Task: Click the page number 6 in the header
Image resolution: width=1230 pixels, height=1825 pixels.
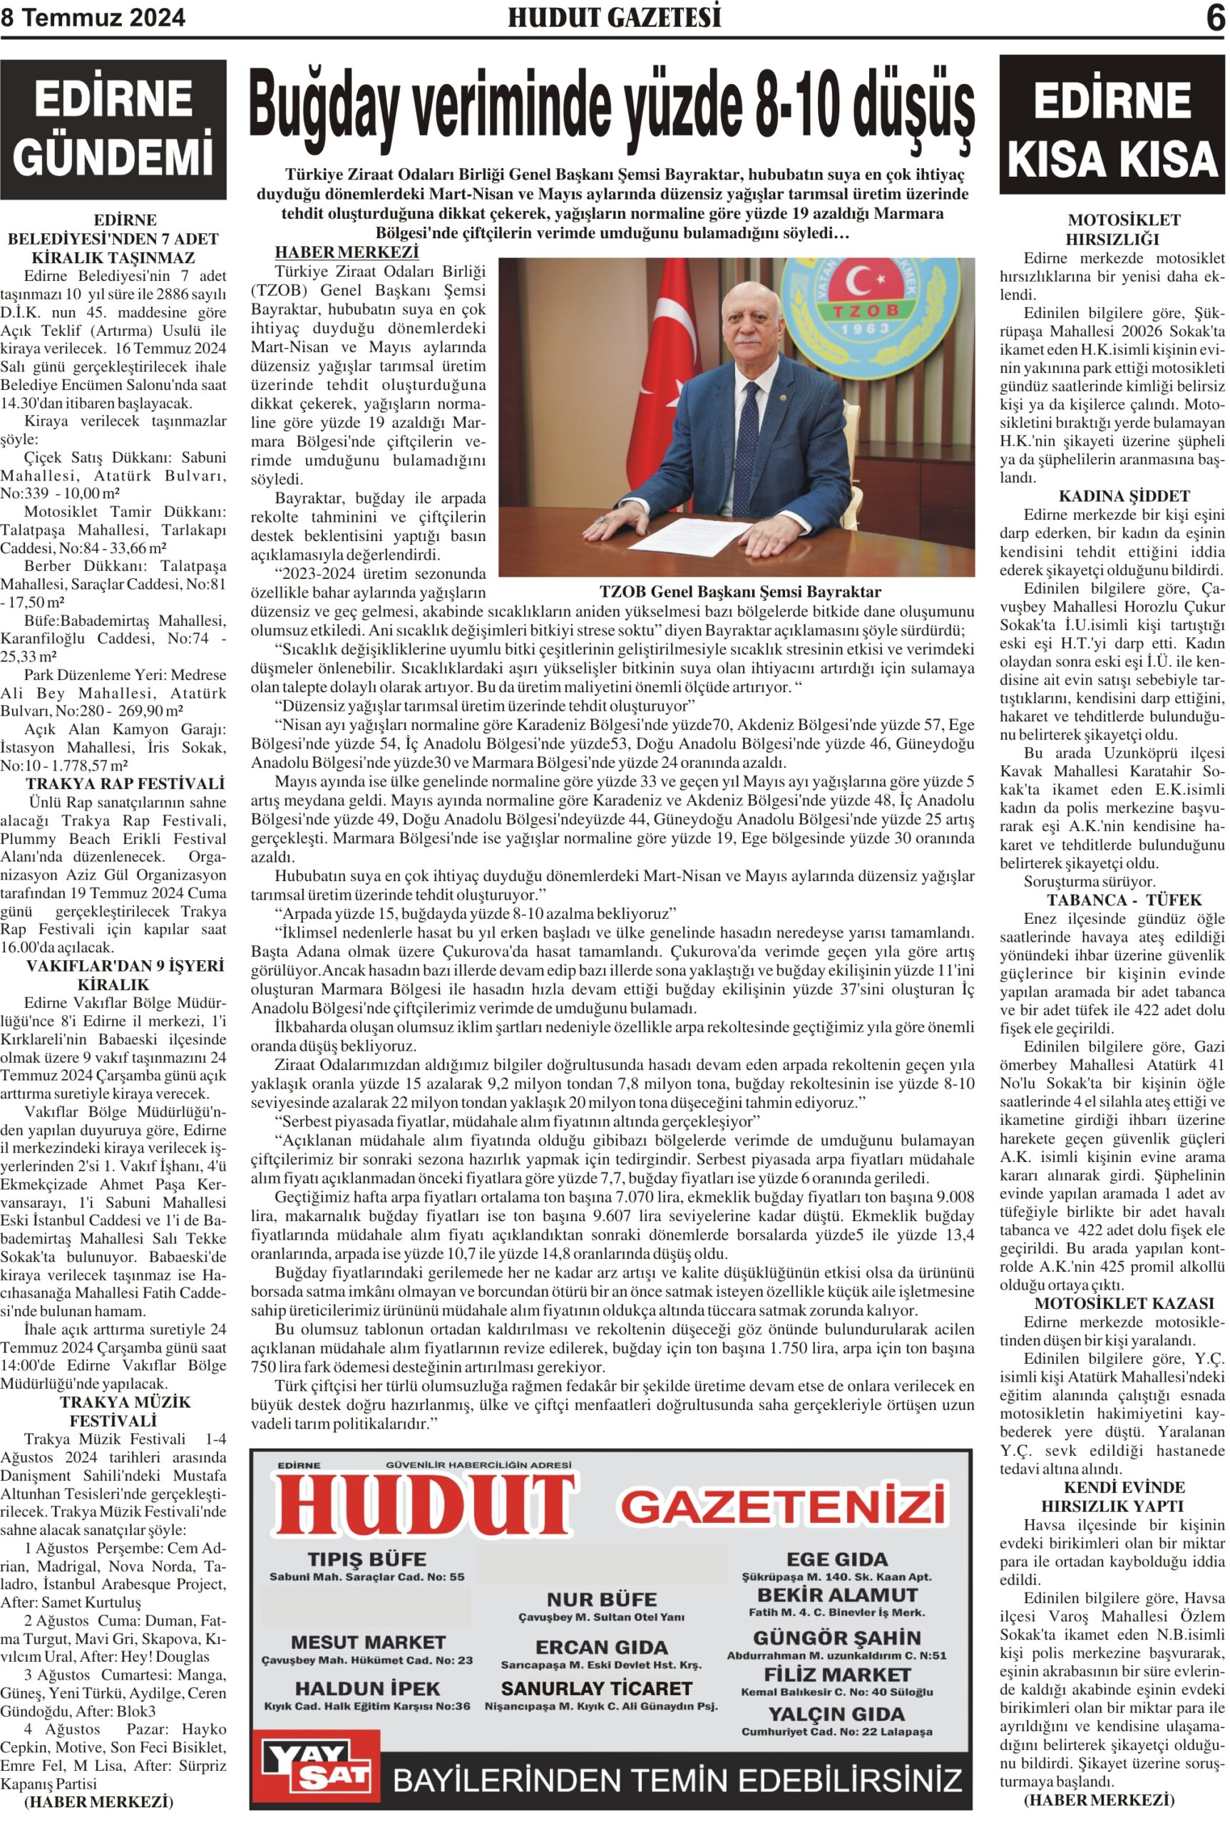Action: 1215,17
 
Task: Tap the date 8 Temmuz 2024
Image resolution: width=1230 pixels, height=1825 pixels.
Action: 93,17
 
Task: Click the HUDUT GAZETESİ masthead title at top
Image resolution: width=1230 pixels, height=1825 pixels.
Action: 614,17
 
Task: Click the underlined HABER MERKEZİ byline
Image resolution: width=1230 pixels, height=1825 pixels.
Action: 346,252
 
